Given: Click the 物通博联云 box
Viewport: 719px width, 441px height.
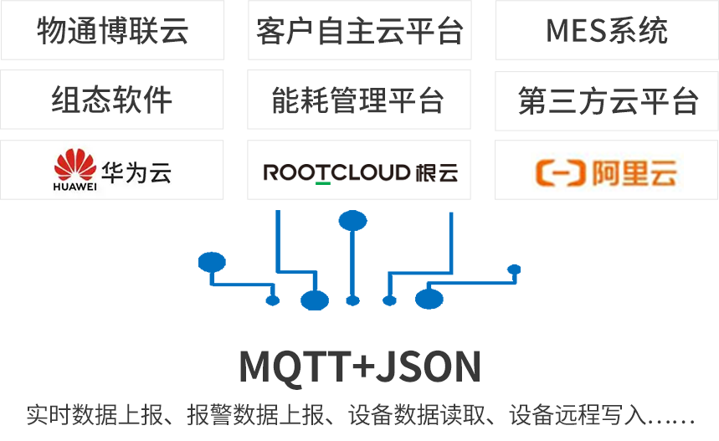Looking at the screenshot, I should (112, 31).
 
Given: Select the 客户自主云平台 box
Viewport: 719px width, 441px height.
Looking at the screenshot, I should (359, 31).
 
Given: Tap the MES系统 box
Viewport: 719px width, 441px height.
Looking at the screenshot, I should (607, 31).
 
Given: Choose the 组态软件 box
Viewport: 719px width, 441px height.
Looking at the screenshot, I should (112, 100).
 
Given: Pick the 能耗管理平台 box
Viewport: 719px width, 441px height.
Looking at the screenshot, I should (359, 100).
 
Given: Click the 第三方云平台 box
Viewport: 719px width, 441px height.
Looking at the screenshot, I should (607, 100).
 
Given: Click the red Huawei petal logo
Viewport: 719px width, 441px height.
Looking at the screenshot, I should (75, 165).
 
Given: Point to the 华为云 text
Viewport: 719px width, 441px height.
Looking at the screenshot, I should (136, 172).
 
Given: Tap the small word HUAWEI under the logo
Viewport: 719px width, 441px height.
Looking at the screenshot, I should (75, 187).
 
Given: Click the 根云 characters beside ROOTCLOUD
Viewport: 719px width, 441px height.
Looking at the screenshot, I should (436, 172).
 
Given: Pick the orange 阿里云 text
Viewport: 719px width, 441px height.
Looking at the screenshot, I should (634, 172).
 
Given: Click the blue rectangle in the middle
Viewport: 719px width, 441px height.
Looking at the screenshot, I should (355, 259).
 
